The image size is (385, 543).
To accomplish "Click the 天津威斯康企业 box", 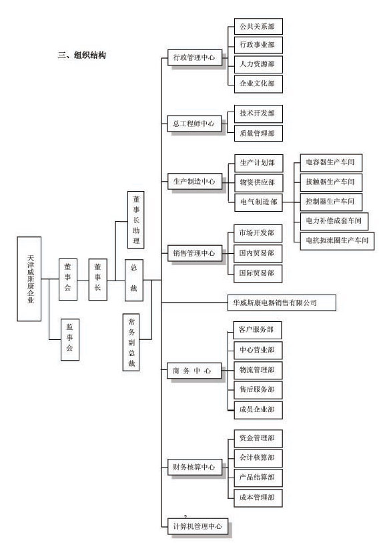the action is point(29,279).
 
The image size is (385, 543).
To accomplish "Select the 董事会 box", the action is point(68,279).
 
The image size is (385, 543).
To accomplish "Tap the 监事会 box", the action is point(70,339).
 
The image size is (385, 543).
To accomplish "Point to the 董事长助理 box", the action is point(136,220).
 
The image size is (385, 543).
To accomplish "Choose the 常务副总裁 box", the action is point(131,343).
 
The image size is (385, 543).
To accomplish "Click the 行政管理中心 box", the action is point(195,58).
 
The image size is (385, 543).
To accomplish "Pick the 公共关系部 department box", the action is point(258,27).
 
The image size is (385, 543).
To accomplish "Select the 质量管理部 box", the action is point(258,134).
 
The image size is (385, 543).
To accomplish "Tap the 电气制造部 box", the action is point(258,202).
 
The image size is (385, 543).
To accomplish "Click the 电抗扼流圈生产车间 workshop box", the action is point(337,240).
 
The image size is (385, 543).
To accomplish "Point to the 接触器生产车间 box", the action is point(331,182).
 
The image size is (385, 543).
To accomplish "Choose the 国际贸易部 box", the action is point(258,274).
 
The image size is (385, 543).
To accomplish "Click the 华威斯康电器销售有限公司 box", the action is point(282,303).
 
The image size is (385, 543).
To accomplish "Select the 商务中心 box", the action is point(194,371).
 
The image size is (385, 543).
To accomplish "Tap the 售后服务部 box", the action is point(258,390).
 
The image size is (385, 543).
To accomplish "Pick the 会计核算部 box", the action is point(258,458).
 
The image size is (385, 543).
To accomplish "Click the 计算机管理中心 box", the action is point(198,526).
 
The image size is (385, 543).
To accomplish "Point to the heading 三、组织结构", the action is point(81,55).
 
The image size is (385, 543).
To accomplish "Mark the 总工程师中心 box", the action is point(194,124).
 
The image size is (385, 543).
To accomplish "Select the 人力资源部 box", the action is point(258,64).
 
